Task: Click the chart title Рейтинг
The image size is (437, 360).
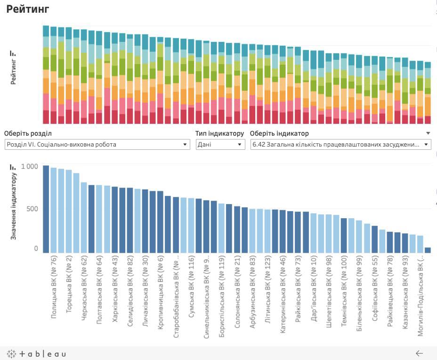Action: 28,9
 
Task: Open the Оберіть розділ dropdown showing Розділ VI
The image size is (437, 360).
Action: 97,145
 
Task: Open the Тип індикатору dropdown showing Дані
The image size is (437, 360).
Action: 220,145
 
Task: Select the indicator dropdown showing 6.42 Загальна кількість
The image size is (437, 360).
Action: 341,145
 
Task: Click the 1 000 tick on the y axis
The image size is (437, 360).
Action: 29,167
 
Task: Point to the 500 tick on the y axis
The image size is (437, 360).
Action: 32,209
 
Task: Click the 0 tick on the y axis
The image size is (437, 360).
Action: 36,248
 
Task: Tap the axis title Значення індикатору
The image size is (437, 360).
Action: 14,206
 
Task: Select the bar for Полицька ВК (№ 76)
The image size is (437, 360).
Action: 46,209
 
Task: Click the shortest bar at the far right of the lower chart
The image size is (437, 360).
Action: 428,250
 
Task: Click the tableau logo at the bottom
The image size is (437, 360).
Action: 36,353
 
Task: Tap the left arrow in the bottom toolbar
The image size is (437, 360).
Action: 419,353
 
